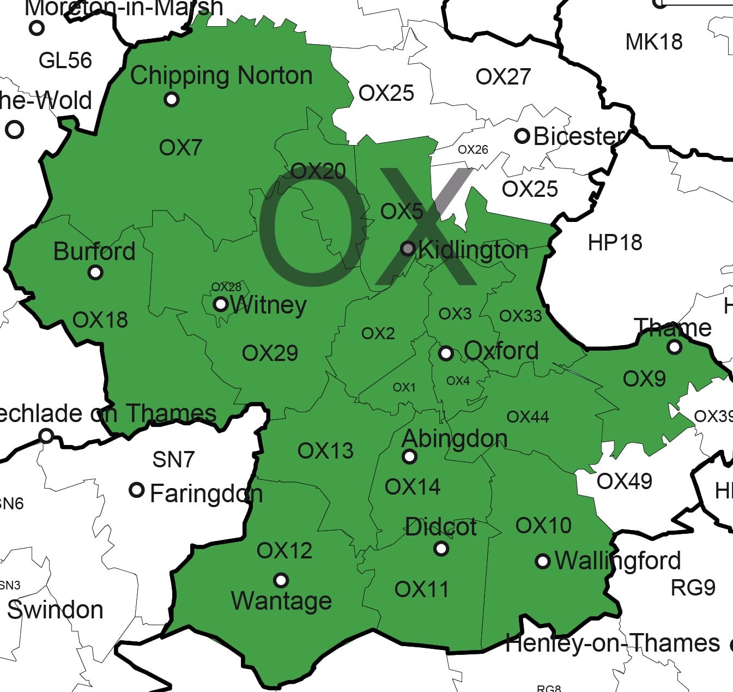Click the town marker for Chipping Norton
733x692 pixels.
point(172,99)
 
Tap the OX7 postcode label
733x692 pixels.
point(180,147)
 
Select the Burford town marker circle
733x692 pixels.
point(95,272)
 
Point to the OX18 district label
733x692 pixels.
point(100,320)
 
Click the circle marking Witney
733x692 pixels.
point(220,304)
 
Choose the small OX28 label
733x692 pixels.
point(226,287)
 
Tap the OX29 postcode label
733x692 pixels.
point(270,353)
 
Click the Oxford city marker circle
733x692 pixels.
point(445,353)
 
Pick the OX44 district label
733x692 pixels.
point(528,417)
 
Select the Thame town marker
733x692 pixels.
point(675,346)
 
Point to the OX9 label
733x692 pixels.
point(644,379)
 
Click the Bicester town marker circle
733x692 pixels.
point(522,136)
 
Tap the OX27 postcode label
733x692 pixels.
point(502,77)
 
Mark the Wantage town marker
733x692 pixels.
point(281,580)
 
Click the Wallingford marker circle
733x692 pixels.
point(542,561)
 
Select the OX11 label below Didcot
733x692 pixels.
point(421,589)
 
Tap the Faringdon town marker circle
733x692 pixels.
point(136,490)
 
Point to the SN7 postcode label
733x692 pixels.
point(173,460)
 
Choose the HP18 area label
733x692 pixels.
point(615,243)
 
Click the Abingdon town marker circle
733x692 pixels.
point(409,456)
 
